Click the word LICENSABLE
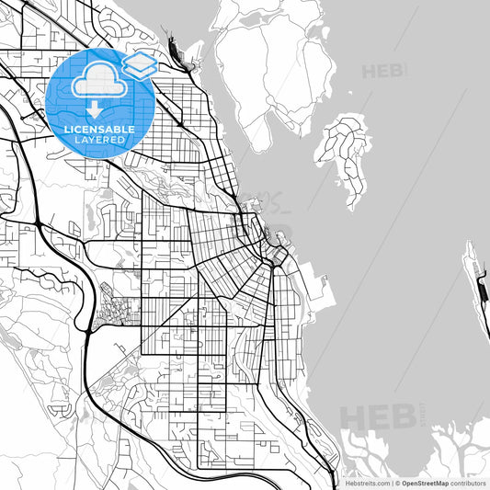pos(100,130)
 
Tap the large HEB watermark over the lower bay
pos(379,415)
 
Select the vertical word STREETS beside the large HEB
pos(424,414)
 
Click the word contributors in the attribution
pos(468,482)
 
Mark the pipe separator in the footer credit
pos(392,482)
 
